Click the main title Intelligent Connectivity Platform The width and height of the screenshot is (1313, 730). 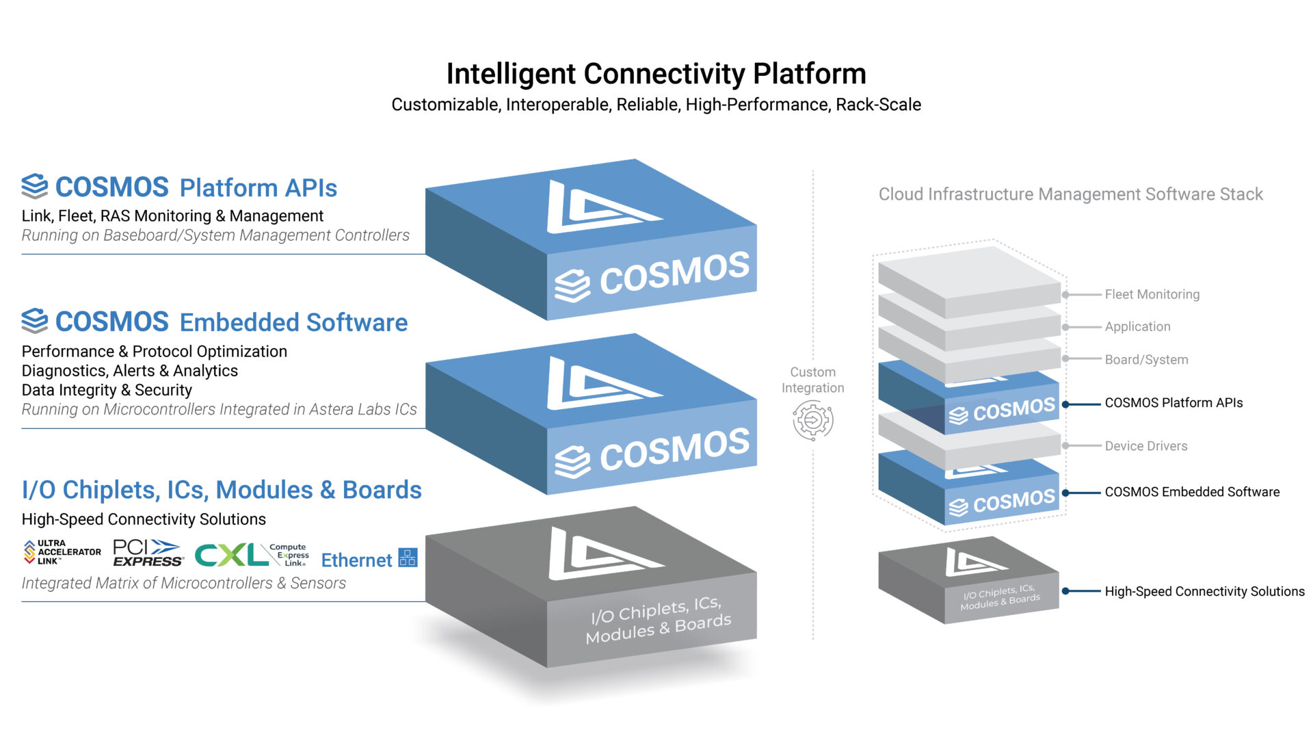point(656,74)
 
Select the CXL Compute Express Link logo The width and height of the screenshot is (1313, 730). point(251,555)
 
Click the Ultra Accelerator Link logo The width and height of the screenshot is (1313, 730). point(62,552)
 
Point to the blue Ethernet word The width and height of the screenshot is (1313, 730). point(356,560)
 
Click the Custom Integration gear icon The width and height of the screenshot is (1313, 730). point(812,420)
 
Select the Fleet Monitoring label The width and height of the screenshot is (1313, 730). point(1152,294)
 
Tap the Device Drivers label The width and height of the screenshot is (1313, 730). point(1145,446)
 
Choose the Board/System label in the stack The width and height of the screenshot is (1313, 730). point(1146,360)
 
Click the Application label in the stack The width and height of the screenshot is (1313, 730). point(1137,327)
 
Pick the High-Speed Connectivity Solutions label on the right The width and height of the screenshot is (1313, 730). point(1204,592)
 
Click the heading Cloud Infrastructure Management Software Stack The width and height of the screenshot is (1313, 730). point(1070,194)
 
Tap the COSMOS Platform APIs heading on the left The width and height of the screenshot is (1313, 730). point(180,187)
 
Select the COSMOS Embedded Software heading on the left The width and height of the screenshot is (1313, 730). point(215,322)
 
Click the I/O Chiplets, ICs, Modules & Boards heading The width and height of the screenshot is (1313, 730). point(222,490)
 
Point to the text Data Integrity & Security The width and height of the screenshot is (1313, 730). point(107,390)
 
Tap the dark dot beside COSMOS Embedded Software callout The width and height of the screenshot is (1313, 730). point(1065,493)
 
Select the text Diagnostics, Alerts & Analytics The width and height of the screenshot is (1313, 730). point(130,371)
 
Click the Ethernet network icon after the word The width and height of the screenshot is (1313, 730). point(408,558)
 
